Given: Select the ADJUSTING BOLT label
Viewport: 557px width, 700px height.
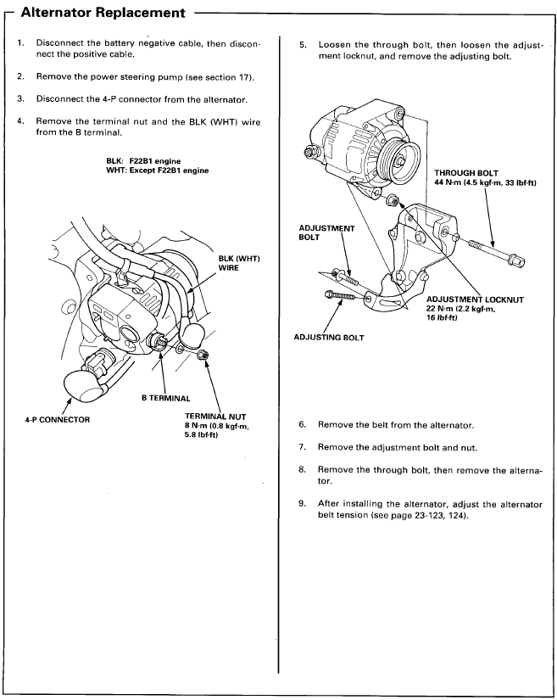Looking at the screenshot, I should click(328, 338).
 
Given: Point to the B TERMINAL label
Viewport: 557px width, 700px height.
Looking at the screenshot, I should click(164, 396).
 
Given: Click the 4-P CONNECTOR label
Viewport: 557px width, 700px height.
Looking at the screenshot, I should click(58, 419).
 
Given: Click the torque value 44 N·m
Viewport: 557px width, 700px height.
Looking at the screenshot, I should click(450, 183).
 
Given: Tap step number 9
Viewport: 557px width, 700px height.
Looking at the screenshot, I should click(301, 504).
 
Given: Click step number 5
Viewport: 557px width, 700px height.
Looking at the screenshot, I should click(301, 43).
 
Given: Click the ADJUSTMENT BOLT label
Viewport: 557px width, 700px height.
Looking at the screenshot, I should click(326, 233).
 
